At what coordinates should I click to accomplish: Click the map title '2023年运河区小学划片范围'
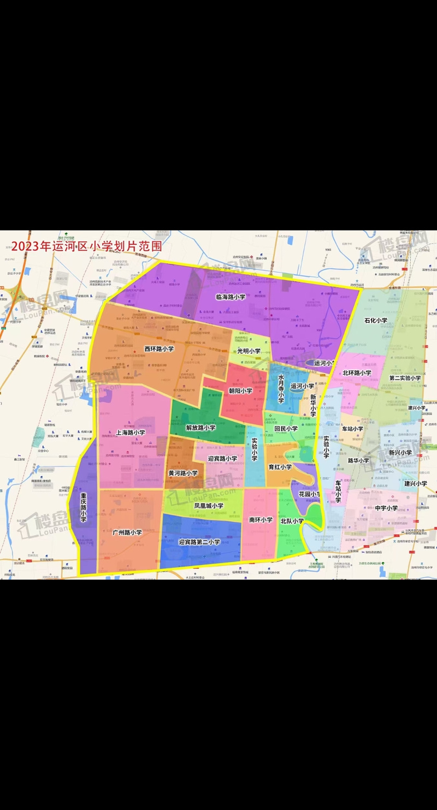tap(87, 246)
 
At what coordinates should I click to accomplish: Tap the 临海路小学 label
tap(230, 297)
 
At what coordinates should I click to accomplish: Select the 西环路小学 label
tap(159, 348)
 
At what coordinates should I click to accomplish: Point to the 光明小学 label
tap(249, 351)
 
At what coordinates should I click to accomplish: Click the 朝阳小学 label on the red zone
tap(240, 391)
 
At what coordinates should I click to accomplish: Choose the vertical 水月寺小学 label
tap(281, 388)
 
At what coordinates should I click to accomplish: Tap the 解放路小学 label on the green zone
tap(200, 428)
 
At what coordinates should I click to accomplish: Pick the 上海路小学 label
tap(131, 432)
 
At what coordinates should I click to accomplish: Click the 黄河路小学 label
tap(183, 473)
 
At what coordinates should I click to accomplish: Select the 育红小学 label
tap(280, 467)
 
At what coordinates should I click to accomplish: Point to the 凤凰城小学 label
tap(208, 506)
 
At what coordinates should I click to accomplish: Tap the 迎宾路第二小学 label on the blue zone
tap(199, 542)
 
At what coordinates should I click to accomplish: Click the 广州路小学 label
tap(127, 532)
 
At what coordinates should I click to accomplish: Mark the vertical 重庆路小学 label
tap(84, 509)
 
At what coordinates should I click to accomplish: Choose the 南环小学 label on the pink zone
tap(260, 519)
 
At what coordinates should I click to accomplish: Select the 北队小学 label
tap(292, 521)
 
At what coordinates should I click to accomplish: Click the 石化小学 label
tap(376, 321)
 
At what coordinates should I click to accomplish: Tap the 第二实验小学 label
tap(405, 378)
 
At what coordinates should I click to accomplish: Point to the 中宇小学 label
tap(386, 508)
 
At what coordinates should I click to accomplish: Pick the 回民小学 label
tap(286, 429)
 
